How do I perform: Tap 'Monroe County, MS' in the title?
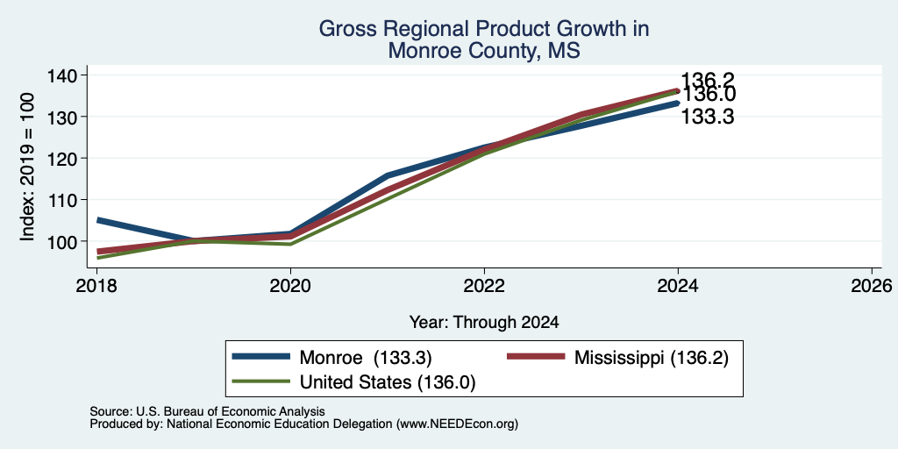[484, 51]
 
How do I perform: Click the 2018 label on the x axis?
[96, 286]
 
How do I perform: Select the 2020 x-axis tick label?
[290, 286]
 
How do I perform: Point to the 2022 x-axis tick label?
[484, 286]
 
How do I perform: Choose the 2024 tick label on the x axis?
[678, 286]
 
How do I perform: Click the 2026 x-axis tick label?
[872, 286]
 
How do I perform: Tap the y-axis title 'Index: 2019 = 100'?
[27, 167]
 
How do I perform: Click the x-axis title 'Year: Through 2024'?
[484, 323]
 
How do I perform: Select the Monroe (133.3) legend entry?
[331, 358]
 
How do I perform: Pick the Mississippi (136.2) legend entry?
[618, 358]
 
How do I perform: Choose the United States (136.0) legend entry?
[353, 382]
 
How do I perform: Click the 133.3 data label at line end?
[708, 118]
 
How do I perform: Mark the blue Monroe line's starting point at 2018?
[98, 220]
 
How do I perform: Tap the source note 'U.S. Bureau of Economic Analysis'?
[231, 411]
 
